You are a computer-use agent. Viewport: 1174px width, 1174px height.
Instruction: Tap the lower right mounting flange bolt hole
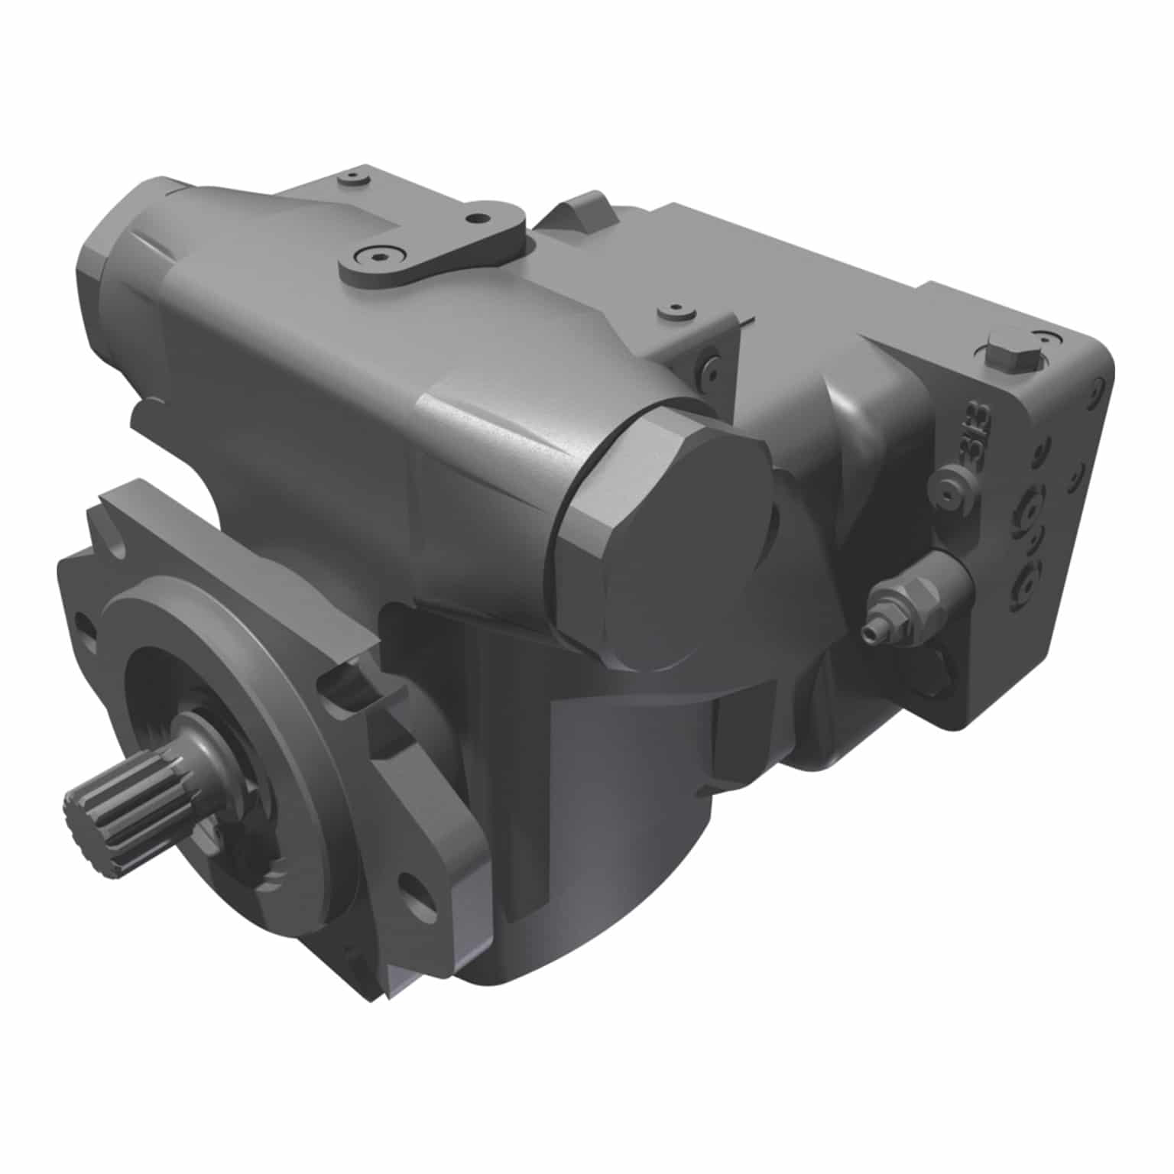pyautogui.click(x=417, y=890)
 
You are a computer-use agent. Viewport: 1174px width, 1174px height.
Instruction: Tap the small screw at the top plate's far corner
pyautogui.click(x=352, y=177)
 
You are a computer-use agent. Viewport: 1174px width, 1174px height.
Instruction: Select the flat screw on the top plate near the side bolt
pyautogui.click(x=676, y=311)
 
